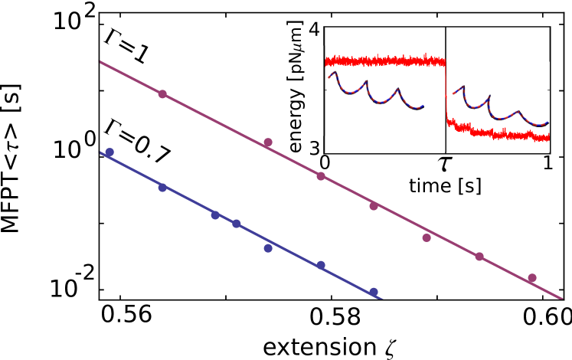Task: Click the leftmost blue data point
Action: pyautogui.click(x=109, y=152)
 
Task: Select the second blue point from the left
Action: pyautogui.click(x=162, y=188)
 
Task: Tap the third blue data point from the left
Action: pyautogui.click(x=215, y=215)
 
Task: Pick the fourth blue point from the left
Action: pyautogui.click(x=237, y=224)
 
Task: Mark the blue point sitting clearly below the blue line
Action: pyautogui.click(x=268, y=248)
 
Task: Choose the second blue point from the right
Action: pyautogui.click(x=321, y=265)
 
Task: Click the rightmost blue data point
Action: pyautogui.click(x=374, y=292)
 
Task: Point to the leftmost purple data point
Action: pyautogui.click(x=162, y=94)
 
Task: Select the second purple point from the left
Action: pyautogui.click(x=268, y=142)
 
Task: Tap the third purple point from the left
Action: pyautogui.click(x=321, y=176)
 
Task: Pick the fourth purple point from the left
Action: pyautogui.click(x=374, y=206)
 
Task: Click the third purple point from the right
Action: pyautogui.click(x=427, y=238)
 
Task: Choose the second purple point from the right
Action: pyautogui.click(x=479, y=257)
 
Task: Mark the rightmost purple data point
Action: pyautogui.click(x=532, y=278)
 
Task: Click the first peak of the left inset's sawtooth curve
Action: pyautogui.click(x=335, y=73)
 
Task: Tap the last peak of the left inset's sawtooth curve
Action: pyautogui.click(x=397, y=89)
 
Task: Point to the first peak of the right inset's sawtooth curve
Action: pyautogui.click(x=463, y=87)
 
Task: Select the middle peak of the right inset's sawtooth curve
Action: pyautogui.click(x=489, y=97)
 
